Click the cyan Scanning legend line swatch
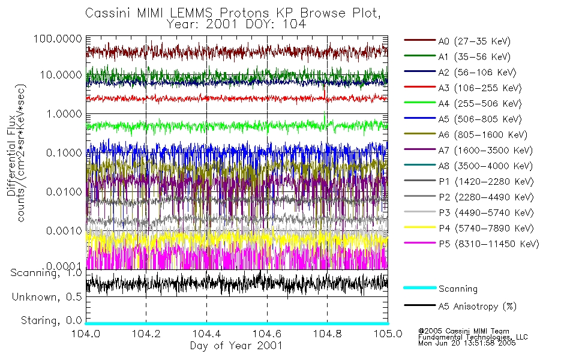[419, 288]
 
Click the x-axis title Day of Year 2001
[236, 346]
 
